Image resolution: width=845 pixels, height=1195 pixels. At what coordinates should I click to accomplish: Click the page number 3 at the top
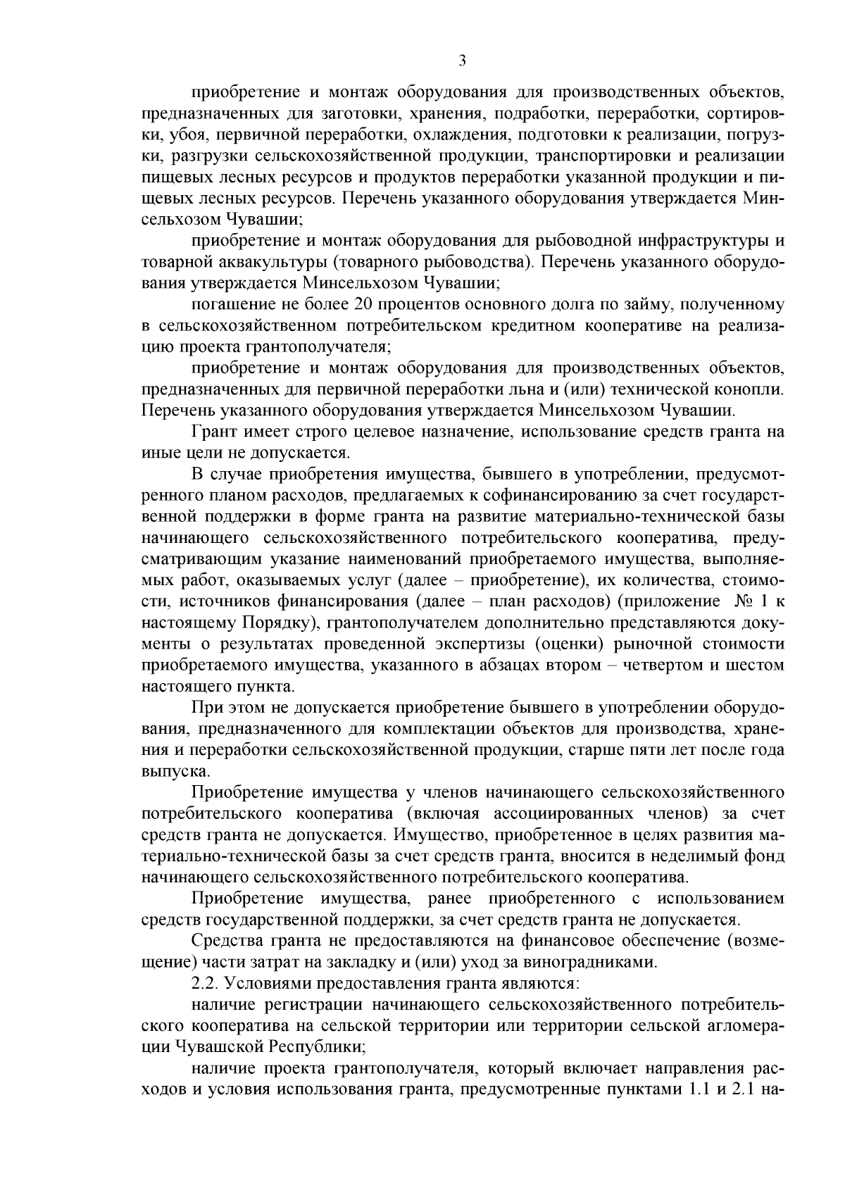462,61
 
